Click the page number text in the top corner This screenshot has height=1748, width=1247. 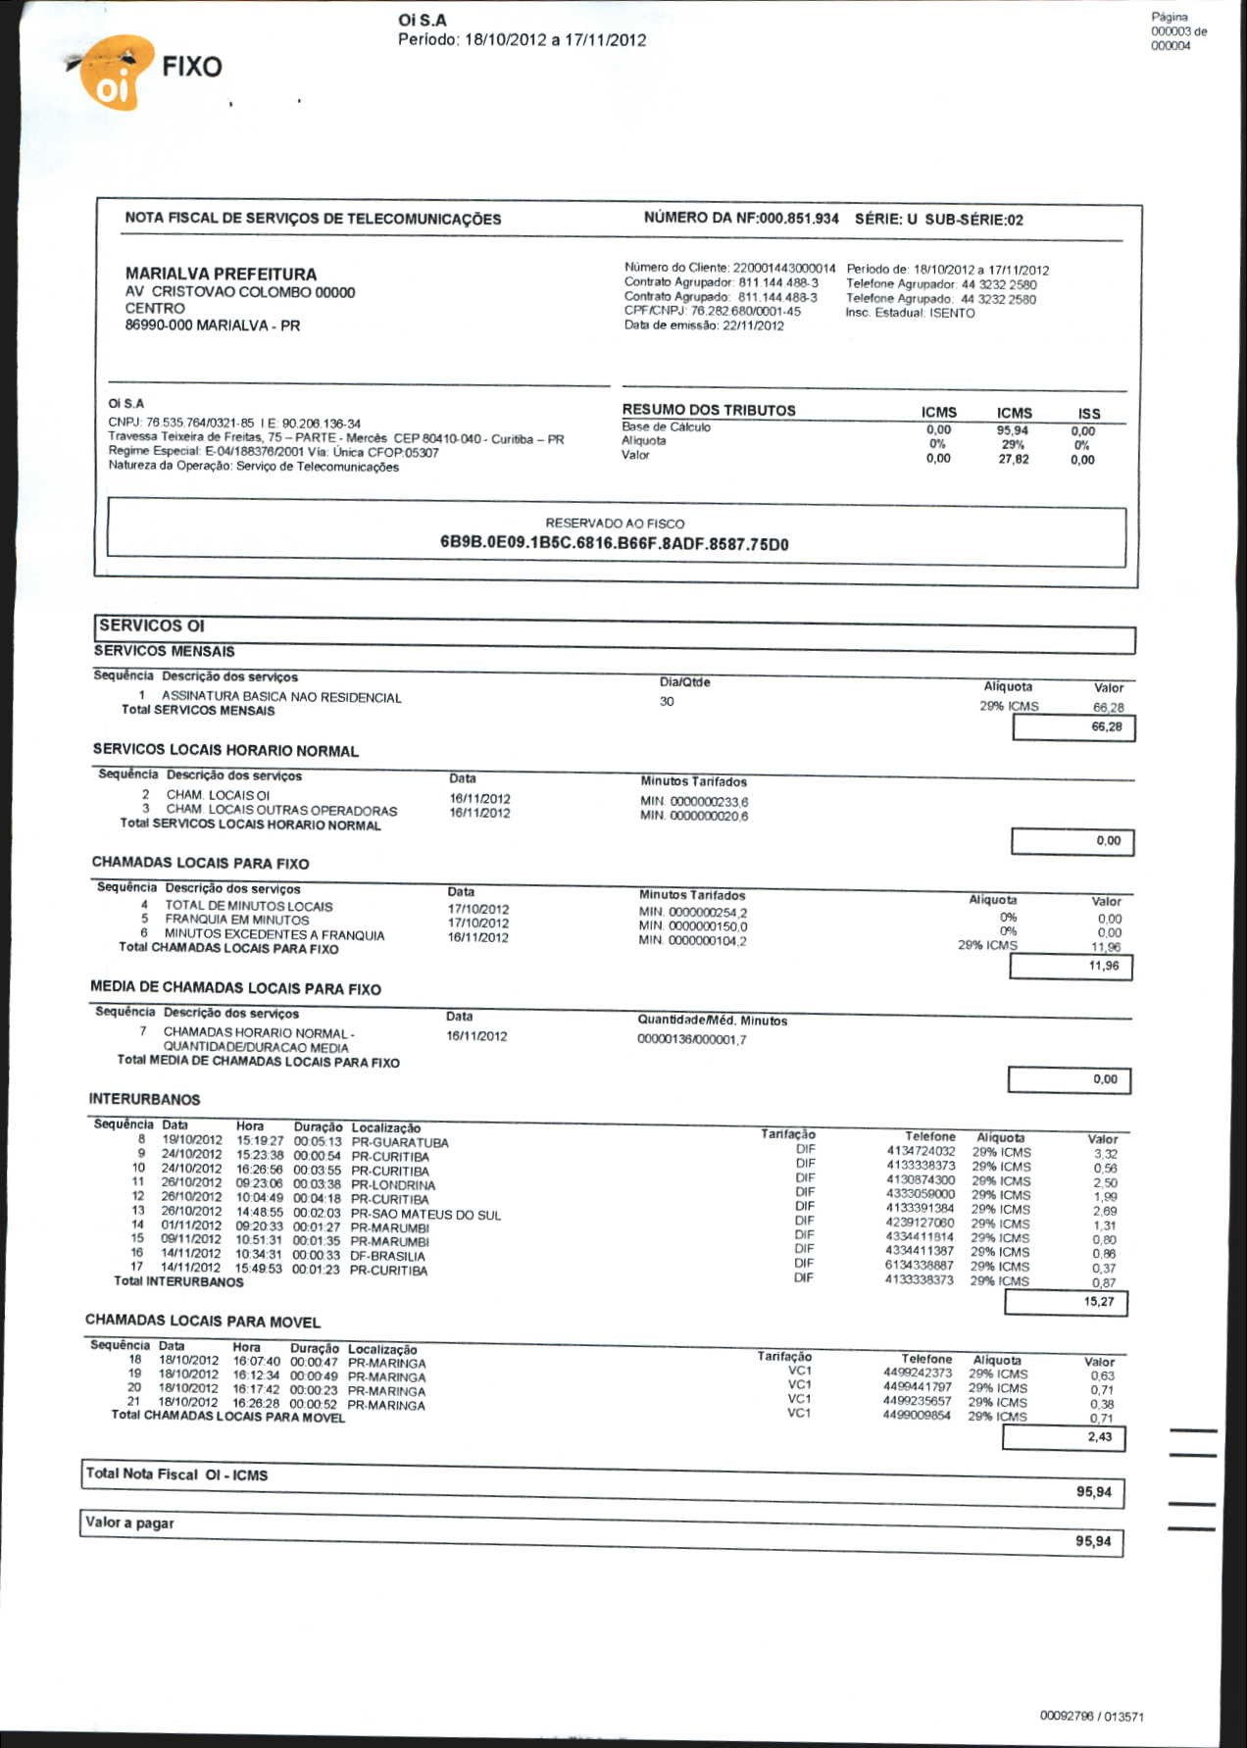[1177, 31]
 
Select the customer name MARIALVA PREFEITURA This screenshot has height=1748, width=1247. [221, 274]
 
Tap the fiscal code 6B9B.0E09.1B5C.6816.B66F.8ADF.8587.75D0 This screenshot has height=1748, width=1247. [614, 544]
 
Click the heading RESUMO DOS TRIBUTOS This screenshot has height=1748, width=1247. [708, 410]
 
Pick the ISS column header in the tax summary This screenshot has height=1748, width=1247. [1088, 414]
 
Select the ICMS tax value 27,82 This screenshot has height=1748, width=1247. [1013, 459]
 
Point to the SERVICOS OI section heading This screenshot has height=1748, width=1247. [152, 625]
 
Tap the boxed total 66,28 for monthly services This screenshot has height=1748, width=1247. [1106, 726]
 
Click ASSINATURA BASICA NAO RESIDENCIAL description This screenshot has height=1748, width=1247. [281, 697]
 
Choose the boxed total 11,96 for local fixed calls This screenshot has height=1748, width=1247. [1103, 966]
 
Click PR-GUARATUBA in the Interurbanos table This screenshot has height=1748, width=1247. [399, 1142]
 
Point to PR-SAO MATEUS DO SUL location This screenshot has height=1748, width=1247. [425, 1214]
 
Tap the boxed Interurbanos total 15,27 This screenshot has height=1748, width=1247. [1098, 1302]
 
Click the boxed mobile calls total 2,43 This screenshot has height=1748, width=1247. [1099, 1436]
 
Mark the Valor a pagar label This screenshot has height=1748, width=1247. [129, 1523]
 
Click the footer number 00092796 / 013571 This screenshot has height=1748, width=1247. [1091, 1716]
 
